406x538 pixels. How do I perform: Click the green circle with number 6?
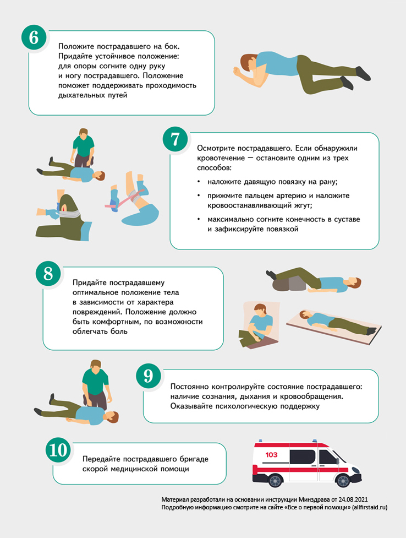(x=34, y=37)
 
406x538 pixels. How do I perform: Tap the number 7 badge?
(x=175, y=139)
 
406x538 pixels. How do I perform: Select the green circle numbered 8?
(x=48, y=274)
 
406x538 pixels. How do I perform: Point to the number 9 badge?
(x=148, y=376)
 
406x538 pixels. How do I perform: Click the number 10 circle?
(x=58, y=450)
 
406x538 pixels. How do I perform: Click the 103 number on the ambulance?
(x=271, y=455)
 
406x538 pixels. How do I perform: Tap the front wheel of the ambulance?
(x=343, y=480)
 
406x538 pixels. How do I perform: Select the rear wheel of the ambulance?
(x=275, y=480)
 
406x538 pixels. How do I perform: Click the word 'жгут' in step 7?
(x=301, y=205)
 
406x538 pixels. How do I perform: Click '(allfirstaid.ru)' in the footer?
(x=370, y=507)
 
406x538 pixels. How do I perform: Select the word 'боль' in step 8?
(x=119, y=332)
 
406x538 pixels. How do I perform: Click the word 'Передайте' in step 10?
(x=101, y=459)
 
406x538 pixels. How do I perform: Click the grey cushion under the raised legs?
(x=289, y=284)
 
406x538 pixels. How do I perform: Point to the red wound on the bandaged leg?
(x=63, y=207)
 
